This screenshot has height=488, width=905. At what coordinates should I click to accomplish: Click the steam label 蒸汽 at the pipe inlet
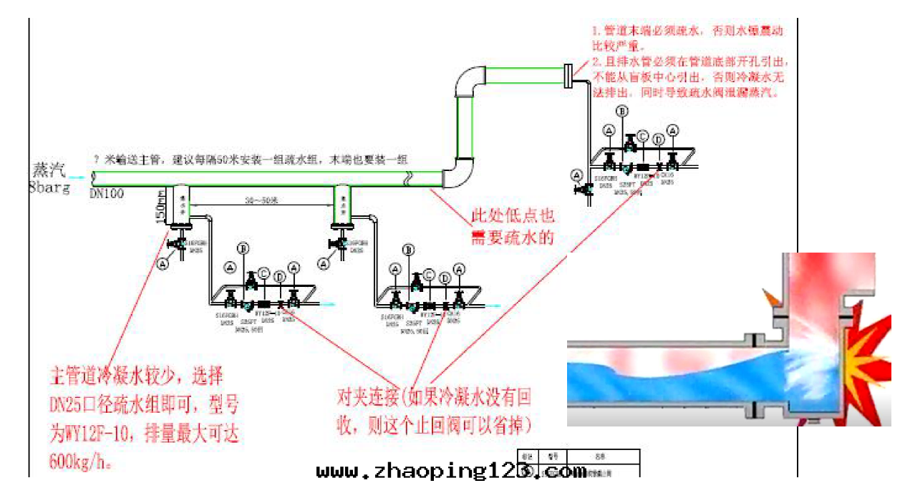[x=49, y=170]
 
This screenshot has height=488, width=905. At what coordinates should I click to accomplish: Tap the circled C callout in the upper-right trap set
[x=643, y=136]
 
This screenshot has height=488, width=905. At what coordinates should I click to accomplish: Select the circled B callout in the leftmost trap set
[x=243, y=249]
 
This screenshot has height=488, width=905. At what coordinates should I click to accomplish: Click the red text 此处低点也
[x=512, y=215]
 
